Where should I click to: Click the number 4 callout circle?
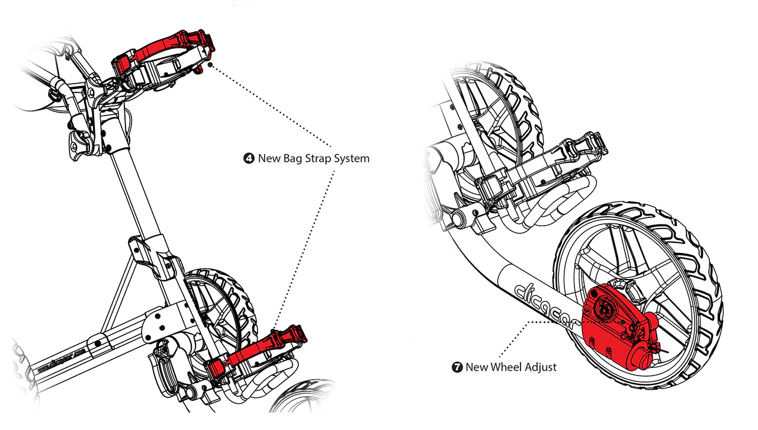tap(249, 159)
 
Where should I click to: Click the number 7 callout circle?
tap(457, 367)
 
